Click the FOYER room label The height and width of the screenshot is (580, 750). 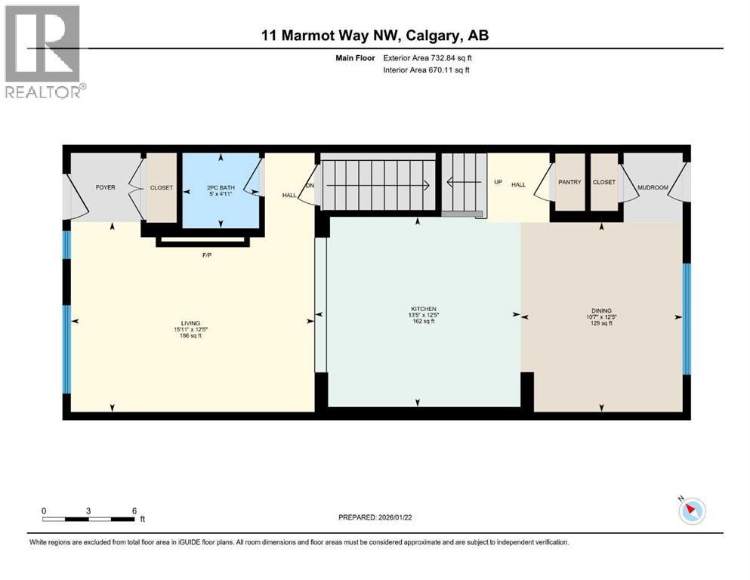(x=105, y=187)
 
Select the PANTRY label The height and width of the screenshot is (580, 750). (x=568, y=182)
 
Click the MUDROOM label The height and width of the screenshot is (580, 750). (x=653, y=187)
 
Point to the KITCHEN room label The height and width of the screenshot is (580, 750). (x=424, y=308)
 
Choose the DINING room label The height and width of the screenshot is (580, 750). (x=601, y=308)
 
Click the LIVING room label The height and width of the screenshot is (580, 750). (x=190, y=323)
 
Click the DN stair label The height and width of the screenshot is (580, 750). (x=310, y=187)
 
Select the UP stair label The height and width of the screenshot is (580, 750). (x=498, y=182)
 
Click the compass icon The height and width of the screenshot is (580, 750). (x=691, y=511)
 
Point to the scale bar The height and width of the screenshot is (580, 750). (x=89, y=519)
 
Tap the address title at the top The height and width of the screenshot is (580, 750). (x=375, y=35)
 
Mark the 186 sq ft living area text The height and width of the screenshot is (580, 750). (x=190, y=336)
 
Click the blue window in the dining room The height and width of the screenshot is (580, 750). (x=686, y=318)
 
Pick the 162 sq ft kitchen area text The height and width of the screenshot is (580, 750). (x=424, y=321)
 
